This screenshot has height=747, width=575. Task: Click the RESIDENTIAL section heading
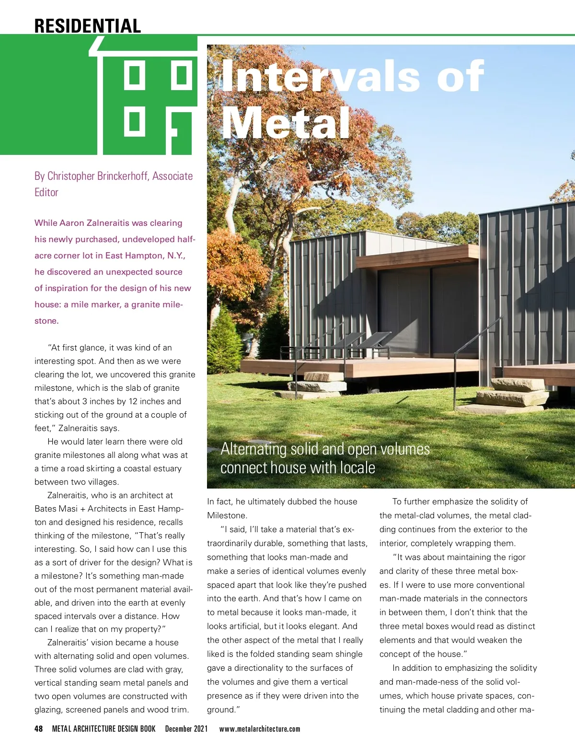click(x=88, y=25)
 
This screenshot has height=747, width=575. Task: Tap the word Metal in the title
click(x=286, y=123)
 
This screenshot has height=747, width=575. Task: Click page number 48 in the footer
click(x=38, y=729)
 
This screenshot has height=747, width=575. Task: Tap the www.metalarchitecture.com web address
click(x=260, y=729)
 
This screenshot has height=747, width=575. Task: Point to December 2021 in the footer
click(x=186, y=729)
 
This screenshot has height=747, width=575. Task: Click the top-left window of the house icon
click(x=135, y=75)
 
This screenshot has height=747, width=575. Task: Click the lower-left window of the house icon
click(x=135, y=121)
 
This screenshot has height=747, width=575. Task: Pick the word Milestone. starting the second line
click(x=227, y=515)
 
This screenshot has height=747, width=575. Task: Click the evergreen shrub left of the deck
click(x=224, y=336)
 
